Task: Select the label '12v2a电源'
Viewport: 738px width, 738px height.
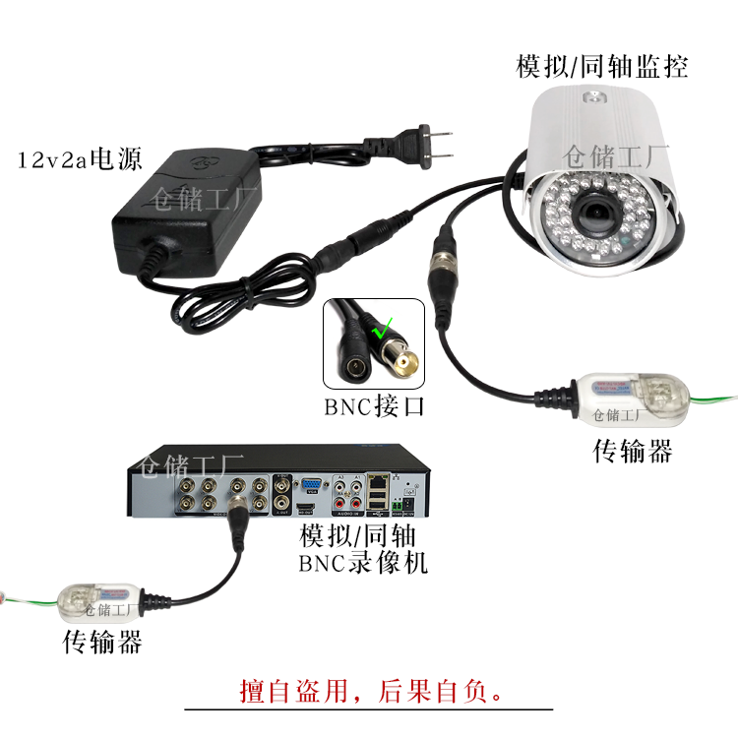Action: [81, 160]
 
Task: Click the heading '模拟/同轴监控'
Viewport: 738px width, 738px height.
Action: [602, 67]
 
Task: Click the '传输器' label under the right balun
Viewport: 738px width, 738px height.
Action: [633, 452]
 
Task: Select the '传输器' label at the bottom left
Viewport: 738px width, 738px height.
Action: [102, 644]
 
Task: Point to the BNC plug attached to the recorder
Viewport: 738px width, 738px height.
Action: [238, 523]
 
